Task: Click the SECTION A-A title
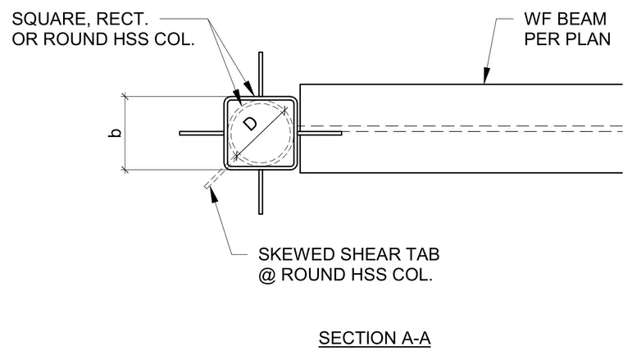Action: [x=375, y=338]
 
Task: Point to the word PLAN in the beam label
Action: [x=587, y=39]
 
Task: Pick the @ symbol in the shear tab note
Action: [x=267, y=275]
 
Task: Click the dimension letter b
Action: [x=115, y=133]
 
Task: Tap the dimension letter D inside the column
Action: [x=250, y=124]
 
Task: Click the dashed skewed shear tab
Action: [x=215, y=178]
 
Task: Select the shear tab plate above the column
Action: [x=261, y=74]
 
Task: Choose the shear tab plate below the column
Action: [x=261, y=192]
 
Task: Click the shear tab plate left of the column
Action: [x=202, y=133]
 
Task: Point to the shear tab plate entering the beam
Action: [x=320, y=133]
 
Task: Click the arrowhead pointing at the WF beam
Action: [x=486, y=75]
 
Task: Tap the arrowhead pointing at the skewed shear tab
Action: [x=213, y=194]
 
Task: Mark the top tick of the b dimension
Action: [x=125, y=96]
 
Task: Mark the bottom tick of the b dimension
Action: [x=125, y=170]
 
